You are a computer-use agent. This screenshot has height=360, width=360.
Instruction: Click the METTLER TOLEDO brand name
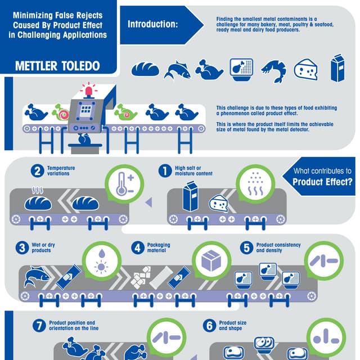coord(57,65)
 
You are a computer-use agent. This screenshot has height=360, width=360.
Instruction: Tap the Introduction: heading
coord(152,24)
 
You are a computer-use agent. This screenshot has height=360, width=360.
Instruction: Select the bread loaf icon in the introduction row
coord(145,69)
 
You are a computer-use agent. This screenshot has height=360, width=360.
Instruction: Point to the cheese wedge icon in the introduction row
coord(306,69)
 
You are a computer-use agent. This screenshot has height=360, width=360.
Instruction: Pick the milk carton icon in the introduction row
coord(337,68)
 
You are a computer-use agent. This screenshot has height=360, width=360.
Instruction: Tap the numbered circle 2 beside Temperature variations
coord(38,171)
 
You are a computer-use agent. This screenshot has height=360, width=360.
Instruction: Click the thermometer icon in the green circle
coord(122,184)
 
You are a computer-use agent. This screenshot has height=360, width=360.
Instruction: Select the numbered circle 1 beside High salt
coord(165,170)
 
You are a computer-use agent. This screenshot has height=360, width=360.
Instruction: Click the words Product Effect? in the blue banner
coord(322,182)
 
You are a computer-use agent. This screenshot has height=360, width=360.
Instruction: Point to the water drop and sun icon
coord(102,260)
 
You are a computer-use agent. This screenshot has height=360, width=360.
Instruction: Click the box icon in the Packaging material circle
coord(211,260)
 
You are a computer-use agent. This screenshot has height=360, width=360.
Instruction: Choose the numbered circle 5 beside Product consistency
coord(246,247)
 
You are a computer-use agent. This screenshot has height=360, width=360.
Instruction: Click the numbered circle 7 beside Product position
coord(38,325)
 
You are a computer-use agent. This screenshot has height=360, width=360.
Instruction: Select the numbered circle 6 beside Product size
coord(209,325)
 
